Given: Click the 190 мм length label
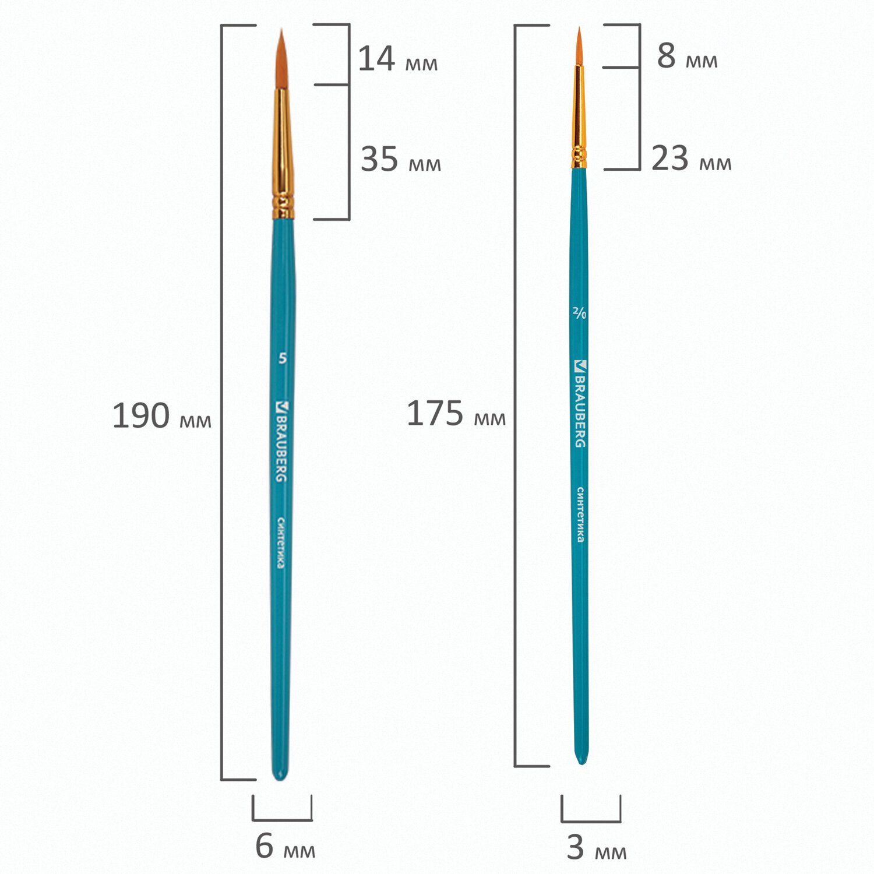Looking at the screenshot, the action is (x=161, y=416).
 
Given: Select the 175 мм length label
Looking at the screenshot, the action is (x=456, y=414).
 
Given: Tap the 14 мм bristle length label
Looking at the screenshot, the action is (x=397, y=59).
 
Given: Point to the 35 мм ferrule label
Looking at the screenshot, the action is (x=401, y=159).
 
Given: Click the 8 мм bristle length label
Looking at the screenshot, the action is (x=687, y=56).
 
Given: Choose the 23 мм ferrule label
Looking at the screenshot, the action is (x=691, y=158).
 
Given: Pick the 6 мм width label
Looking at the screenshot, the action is (x=285, y=846).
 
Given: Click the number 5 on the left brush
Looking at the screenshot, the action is (x=283, y=358).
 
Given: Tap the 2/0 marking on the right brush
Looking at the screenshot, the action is (x=579, y=313).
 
